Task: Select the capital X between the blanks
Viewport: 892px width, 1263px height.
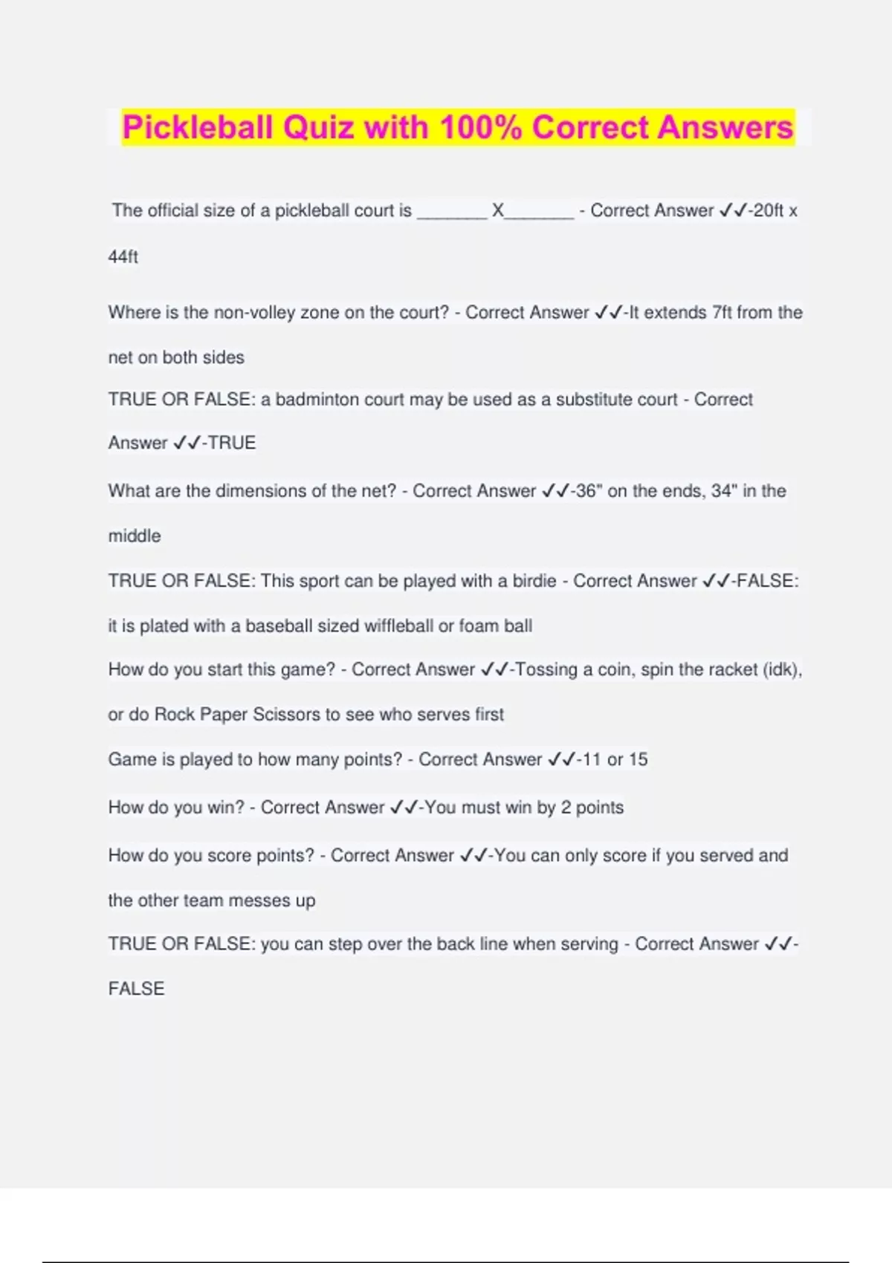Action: pos(498,211)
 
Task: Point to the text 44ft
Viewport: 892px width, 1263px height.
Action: pos(123,257)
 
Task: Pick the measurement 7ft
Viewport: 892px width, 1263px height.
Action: pos(722,313)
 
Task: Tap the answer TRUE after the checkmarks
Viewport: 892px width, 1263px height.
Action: pos(232,443)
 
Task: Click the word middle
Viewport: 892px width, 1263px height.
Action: pos(135,536)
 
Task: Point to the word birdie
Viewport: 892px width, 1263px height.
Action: pos(534,581)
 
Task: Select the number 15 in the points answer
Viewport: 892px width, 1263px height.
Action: pos(638,759)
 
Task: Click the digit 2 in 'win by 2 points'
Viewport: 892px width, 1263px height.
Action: pos(566,808)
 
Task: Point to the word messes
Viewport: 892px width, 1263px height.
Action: pos(259,900)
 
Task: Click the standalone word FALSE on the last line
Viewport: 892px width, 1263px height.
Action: pos(136,989)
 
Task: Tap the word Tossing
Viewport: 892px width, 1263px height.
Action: pos(546,669)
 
